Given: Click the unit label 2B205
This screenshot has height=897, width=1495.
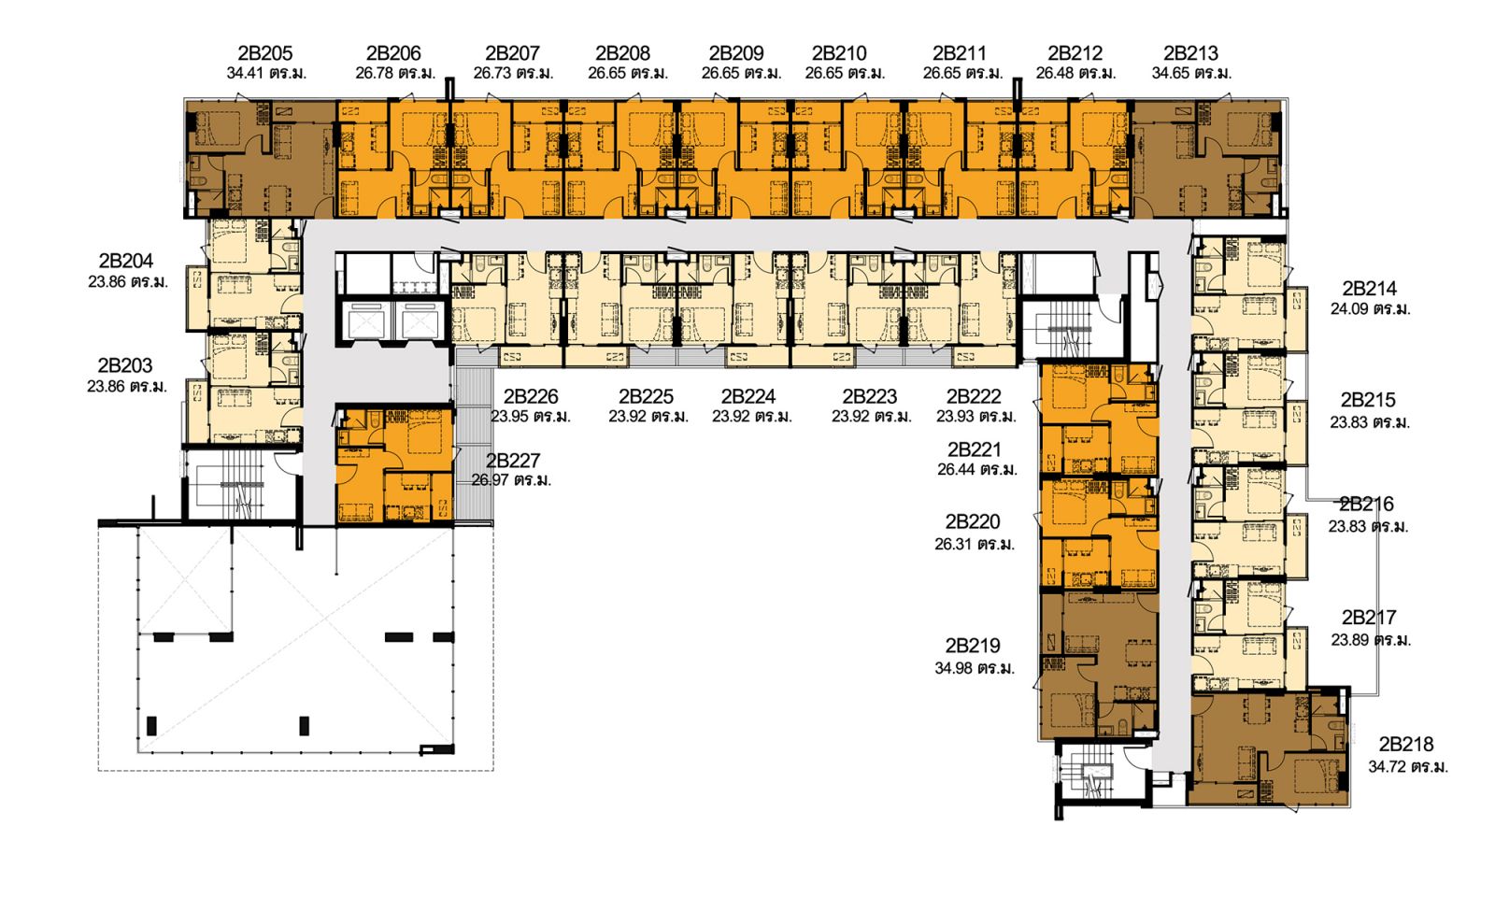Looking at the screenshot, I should tap(265, 53).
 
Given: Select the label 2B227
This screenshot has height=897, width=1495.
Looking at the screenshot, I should tap(512, 461).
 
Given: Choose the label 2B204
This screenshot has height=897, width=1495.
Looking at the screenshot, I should tap(126, 261).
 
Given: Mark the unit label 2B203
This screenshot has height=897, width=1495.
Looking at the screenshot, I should tap(125, 365).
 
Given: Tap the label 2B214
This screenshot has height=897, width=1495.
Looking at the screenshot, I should tap(1369, 288).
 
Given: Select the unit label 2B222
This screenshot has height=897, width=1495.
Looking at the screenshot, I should tap(974, 396).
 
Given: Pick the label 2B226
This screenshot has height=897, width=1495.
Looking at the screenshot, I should tap(531, 396).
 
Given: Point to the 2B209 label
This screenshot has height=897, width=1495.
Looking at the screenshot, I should tap(736, 53).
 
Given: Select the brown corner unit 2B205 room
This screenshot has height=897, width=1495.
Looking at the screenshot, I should tap(258, 159).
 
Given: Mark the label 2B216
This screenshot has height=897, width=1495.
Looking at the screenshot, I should tap(1366, 505).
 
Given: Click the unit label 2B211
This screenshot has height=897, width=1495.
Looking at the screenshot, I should tap(960, 53).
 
